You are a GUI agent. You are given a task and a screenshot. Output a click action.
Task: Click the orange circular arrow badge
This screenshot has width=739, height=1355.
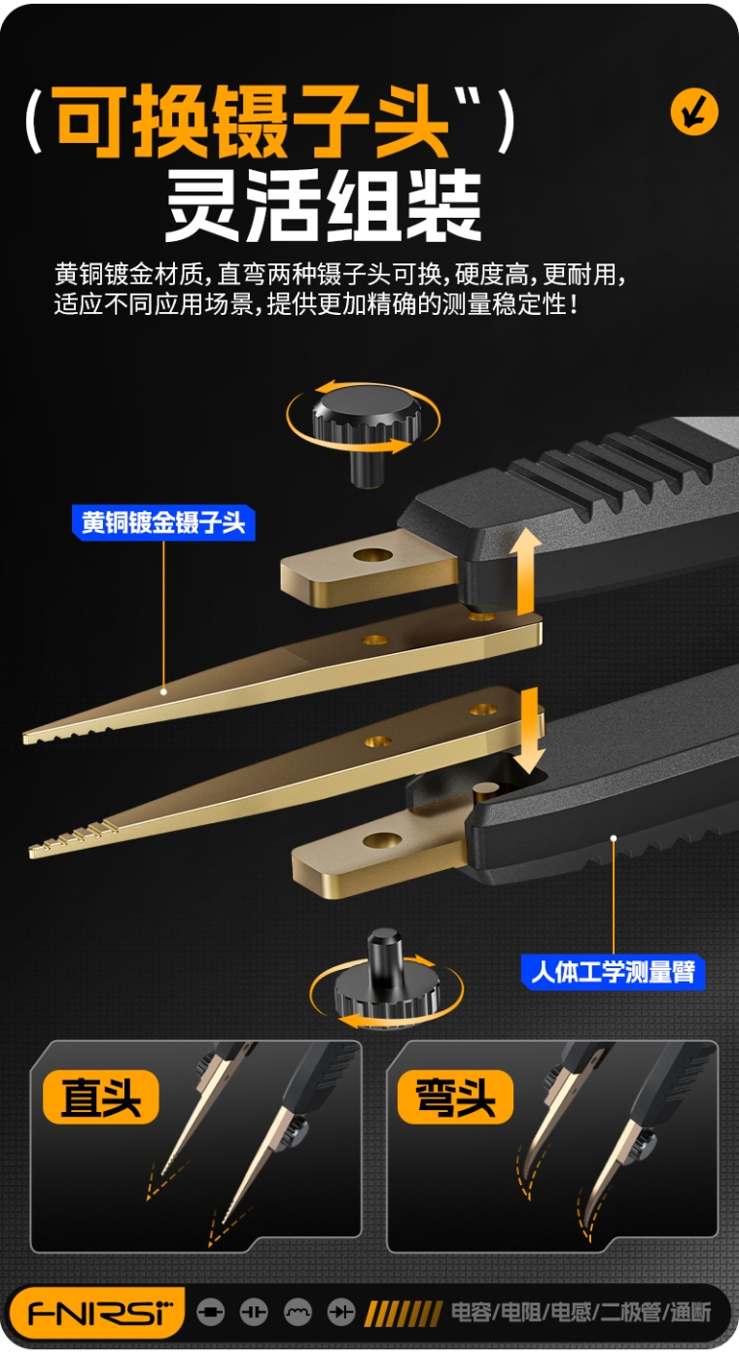(x=694, y=112)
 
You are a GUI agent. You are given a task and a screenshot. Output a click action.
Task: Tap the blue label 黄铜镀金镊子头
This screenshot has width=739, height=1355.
(x=163, y=523)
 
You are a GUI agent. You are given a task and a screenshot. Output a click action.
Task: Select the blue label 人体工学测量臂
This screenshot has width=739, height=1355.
(x=614, y=971)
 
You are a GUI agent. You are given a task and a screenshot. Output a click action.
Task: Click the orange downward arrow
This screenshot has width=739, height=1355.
(x=529, y=731)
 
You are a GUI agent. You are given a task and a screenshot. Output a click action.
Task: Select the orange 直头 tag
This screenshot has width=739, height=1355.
(x=100, y=1096)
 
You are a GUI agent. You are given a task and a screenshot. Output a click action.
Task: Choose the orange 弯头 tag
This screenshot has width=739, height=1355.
(x=455, y=1096)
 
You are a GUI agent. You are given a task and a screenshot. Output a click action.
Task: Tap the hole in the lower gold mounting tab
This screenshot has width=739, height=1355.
(x=381, y=839)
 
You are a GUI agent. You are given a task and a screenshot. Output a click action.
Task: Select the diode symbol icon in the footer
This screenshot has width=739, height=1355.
(x=341, y=1312)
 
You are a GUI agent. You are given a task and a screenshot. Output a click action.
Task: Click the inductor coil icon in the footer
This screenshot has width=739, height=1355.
(x=298, y=1312)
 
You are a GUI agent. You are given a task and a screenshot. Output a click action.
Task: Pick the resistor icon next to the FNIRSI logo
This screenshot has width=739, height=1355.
(x=211, y=1312)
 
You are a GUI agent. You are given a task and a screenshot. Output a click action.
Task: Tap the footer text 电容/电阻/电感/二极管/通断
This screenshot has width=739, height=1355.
(x=581, y=1312)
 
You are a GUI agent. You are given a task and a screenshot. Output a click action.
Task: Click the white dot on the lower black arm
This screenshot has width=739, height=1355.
(x=614, y=839)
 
